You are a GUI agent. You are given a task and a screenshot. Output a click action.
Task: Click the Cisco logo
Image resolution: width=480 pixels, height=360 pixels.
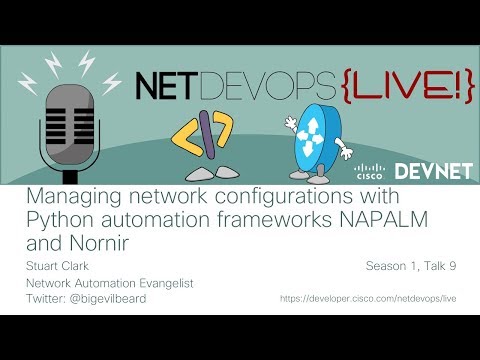[x=367, y=169]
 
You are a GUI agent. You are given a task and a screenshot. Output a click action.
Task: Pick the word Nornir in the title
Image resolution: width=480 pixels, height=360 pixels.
[x=89, y=243]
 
